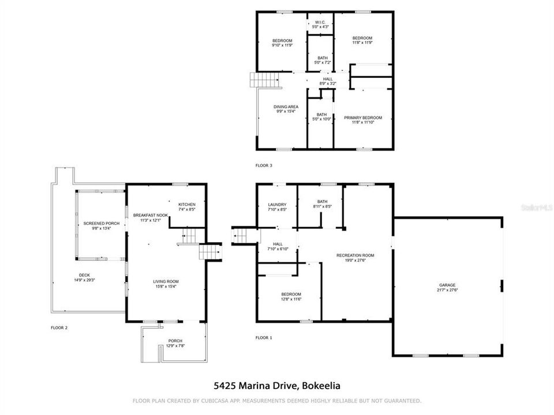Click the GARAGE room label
[447, 285]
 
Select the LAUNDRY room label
[277, 204]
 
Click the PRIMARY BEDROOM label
[363, 118]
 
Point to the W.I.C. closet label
[320, 22]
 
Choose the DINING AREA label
[285, 107]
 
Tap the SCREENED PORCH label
[101, 223]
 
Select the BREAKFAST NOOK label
[150, 215]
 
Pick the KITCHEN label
[186, 205]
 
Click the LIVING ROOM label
[165, 281]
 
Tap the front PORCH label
[175, 341]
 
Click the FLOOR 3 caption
[264, 165]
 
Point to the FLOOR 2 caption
[59, 327]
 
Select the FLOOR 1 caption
[264, 338]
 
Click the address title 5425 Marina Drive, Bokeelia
[277, 385]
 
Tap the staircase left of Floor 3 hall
[260, 80]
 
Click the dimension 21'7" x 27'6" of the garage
[447, 290]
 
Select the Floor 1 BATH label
[322, 201]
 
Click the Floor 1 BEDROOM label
[291, 293]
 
